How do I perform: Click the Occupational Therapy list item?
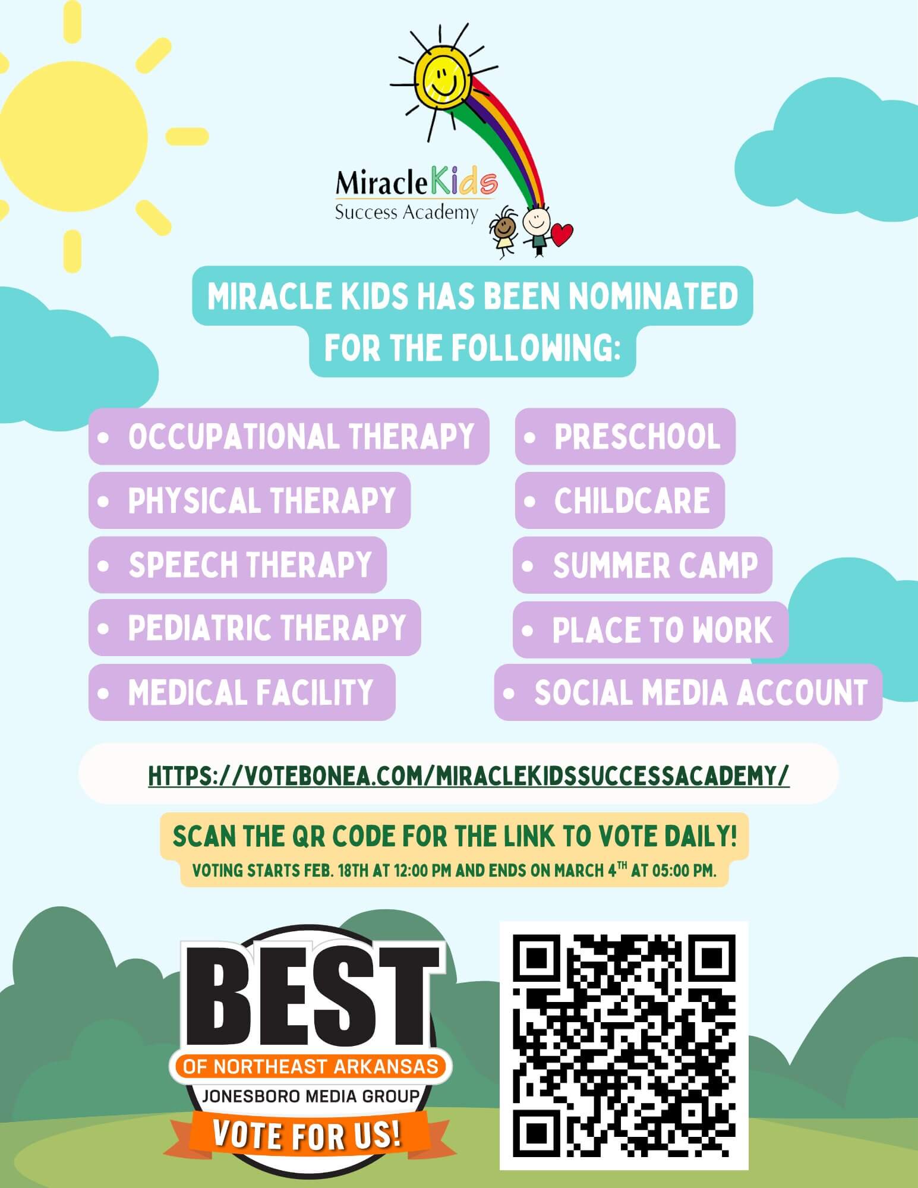point(289,436)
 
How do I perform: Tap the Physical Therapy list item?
point(250,500)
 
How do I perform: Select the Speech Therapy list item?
point(238,565)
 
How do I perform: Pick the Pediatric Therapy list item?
point(255,628)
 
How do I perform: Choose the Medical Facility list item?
point(242,692)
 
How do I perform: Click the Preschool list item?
point(625,436)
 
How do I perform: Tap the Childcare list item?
point(620,500)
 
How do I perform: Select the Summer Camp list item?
point(642,565)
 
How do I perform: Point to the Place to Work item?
point(651,629)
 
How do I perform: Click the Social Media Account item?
point(688,692)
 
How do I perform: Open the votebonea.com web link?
point(469,775)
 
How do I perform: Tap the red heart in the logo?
point(561,234)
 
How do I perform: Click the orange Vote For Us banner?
point(307,1134)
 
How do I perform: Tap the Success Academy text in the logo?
point(406,212)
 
